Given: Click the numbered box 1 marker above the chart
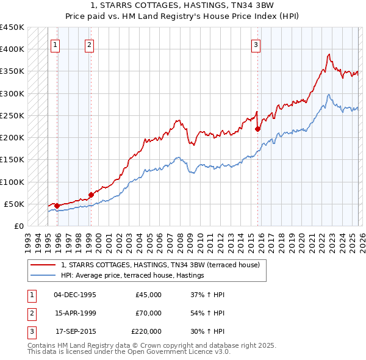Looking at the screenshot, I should (x=56, y=44).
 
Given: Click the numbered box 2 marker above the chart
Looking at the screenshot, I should (x=89, y=44).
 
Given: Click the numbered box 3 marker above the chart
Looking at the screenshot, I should (x=256, y=44).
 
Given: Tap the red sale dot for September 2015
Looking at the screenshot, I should (x=257, y=129).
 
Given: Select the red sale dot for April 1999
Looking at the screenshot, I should (x=91, y=195).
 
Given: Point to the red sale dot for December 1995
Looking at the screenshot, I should (x=57, y=206).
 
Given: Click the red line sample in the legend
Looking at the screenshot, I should (x=43, y=265).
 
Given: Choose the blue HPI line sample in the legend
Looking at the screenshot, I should (x=43, y=276).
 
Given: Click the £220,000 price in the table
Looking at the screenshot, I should (x=146, y=331).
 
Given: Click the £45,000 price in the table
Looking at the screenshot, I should (x=148, y=295).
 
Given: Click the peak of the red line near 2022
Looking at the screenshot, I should (x=329, y=54).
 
